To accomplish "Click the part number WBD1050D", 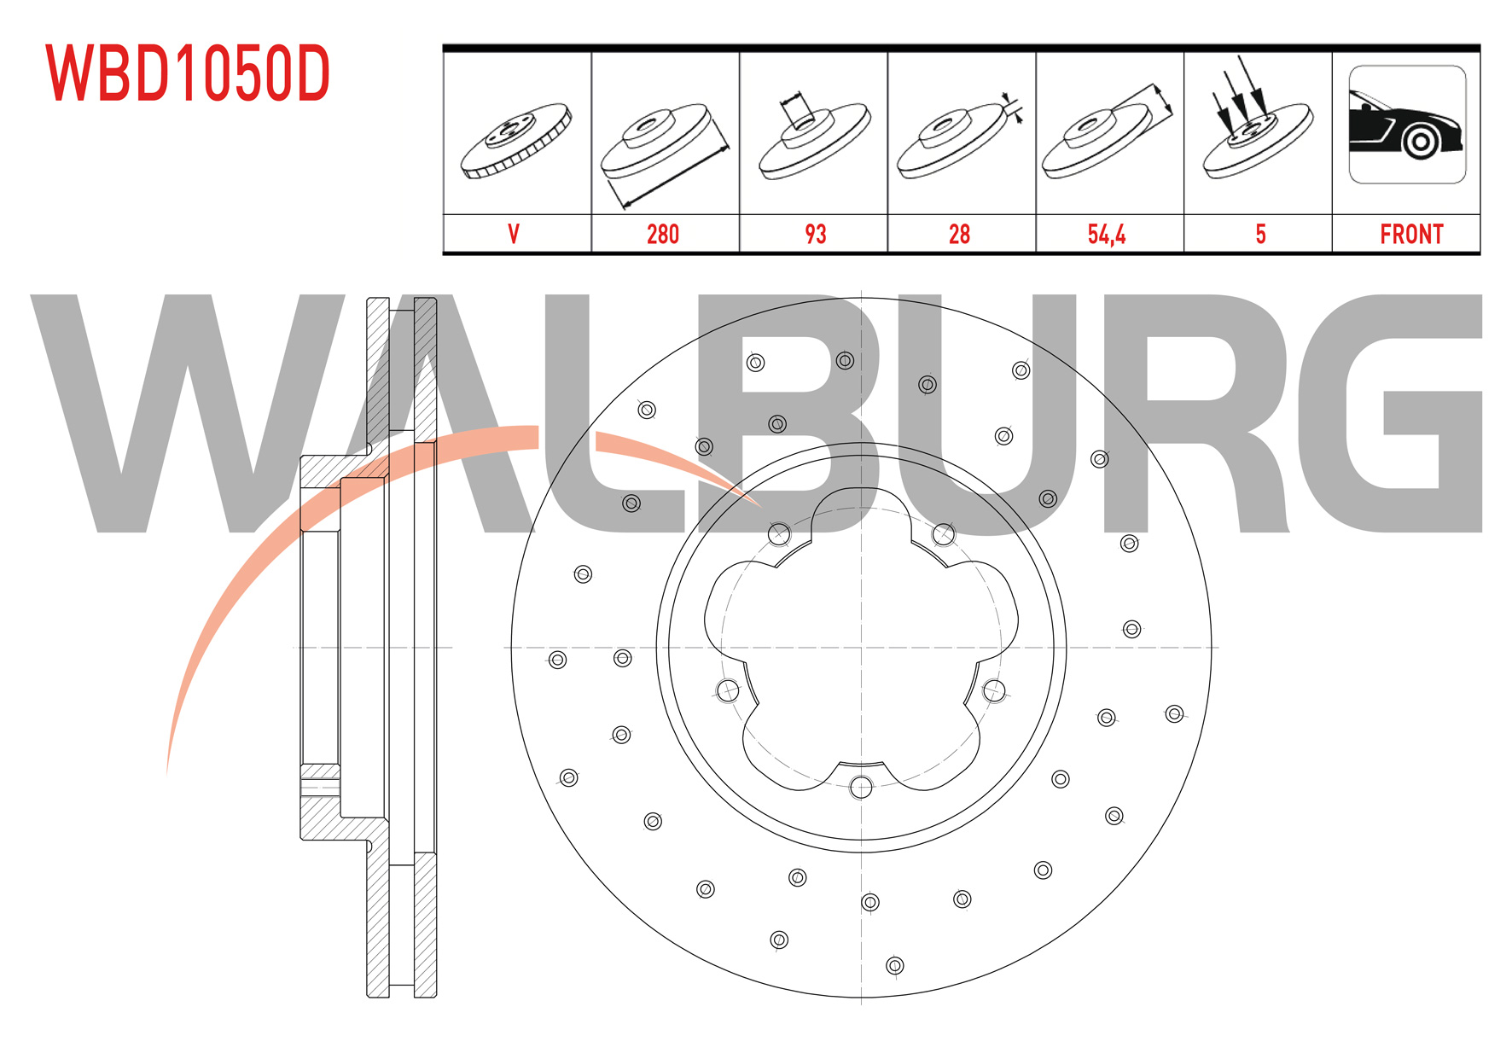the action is coord(188,73).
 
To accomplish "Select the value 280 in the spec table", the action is coord(663,235).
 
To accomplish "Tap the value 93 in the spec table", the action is coord(816,235).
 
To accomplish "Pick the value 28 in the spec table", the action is coord(960,235).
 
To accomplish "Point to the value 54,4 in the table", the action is coord(1107,235).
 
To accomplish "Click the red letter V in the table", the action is coord(514,235).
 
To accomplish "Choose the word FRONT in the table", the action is coord(1411,235).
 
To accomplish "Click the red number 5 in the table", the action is coord(1260,235).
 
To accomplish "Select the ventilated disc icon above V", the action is coord(516,141).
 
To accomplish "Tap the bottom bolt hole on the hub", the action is coord(861,787).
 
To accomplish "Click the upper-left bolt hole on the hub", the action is coord(779,534).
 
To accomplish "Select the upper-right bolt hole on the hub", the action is coord(944,534).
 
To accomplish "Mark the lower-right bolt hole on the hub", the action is coord(994,690).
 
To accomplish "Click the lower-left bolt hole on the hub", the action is coord(728,690).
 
